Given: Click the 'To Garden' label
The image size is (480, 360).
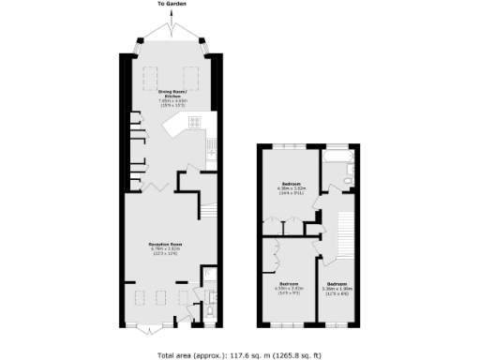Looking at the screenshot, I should click(x=171, y=5).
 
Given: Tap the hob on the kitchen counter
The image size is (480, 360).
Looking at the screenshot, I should click(x=196, y=123).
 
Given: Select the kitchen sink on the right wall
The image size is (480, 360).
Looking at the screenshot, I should click(x=213, y=145).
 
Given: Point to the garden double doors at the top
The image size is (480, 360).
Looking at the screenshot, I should click(x=171, y=37).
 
